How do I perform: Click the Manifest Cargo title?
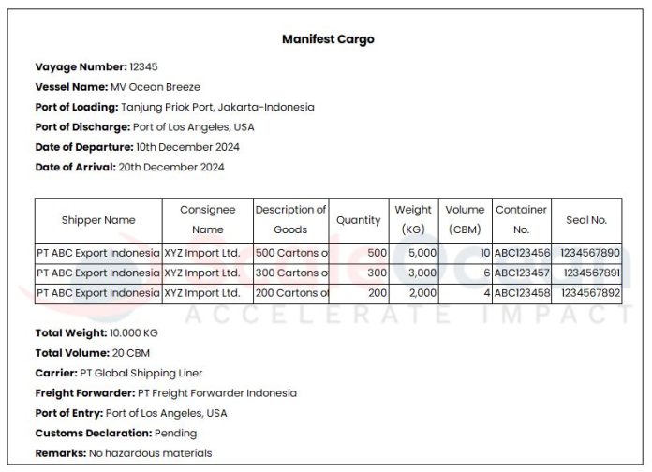328,39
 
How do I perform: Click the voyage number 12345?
143,67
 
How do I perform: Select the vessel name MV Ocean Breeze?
156,87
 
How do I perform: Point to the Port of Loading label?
77,107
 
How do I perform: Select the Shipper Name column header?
98,220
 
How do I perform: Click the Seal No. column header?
586,220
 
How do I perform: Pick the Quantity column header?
359,220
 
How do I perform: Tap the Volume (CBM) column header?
465,220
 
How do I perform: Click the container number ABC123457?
523,273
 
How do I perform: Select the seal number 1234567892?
590,292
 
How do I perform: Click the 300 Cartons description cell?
291,273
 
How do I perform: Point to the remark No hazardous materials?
150,453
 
